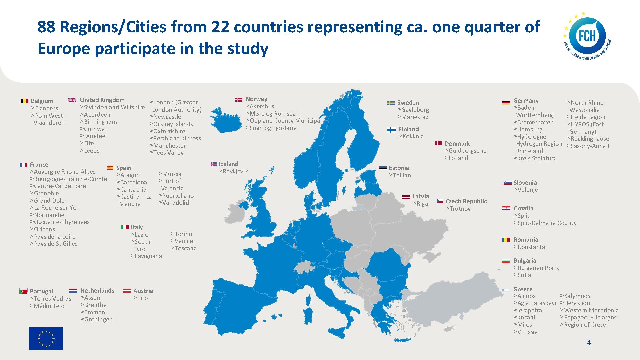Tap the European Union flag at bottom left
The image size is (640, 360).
[x=46, y=338]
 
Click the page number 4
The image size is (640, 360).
[x=589, y=342]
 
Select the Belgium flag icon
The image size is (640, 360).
[x=24, y=101]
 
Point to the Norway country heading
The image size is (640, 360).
[x=256, y=99]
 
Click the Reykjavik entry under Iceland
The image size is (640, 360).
[x=233, y=171]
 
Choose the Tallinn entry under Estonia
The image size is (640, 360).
[x=400, y=175]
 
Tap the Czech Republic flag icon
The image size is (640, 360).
[x=440, y=201]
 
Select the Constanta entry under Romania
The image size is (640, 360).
[x=529, y=247]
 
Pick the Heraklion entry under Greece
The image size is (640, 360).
[x=575, y=303]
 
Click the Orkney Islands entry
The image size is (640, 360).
[x=171, y=124]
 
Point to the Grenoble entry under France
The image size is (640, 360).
[x=44, y=193]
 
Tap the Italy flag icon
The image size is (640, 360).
[x=124, y=227]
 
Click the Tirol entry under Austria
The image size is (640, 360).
[x=141, y=298]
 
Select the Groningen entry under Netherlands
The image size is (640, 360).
[x=96, y=319]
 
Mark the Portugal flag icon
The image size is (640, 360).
[x=23, y=291]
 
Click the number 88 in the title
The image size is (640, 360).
[x=46, y=27]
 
